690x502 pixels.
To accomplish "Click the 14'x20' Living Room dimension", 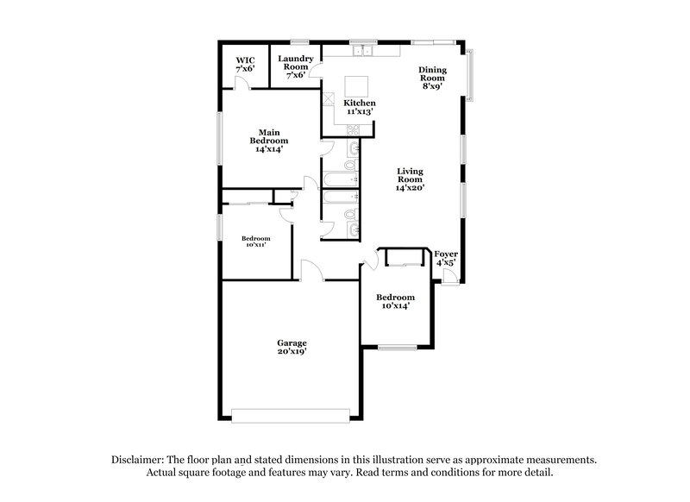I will tap(411, 188).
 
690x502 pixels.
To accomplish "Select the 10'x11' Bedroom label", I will tap(255, 242).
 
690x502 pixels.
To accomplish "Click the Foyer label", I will tap(445, 258).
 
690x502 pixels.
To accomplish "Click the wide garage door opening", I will tap(292, 417).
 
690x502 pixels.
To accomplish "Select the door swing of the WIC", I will tap(244, 83).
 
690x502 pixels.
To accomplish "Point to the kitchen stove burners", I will tap(352, 129).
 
